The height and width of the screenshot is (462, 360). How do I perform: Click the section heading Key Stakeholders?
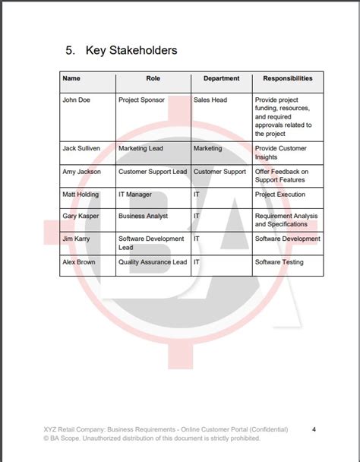pos(121,50)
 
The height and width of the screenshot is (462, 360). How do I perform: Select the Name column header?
pos(71,78)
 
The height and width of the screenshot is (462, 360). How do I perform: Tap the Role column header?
pos(153,78)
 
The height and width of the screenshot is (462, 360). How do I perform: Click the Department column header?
pos(221,78)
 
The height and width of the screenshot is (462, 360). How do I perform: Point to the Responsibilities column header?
pos(287,78)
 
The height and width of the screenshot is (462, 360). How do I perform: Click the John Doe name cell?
pos(76,100)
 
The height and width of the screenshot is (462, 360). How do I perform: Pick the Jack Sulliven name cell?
pos(81,149)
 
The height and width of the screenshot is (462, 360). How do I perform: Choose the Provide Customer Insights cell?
pos(281,153)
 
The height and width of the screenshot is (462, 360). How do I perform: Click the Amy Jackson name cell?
pos(81,172)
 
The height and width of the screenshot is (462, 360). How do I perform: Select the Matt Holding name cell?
pos(81,195)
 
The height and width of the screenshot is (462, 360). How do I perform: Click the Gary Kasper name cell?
pos(81,217)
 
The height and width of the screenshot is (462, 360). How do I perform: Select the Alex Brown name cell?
pos(79,262)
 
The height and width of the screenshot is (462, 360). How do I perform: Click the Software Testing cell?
pos(279,262)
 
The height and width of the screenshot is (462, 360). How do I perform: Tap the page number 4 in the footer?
pos(314,429)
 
